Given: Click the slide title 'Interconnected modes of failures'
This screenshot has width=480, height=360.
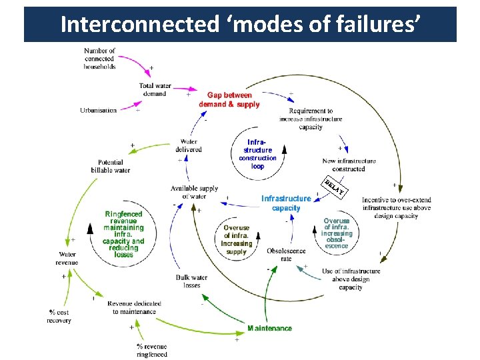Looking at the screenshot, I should (x=240, y=25).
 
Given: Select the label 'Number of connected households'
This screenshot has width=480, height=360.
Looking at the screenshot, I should (x=99, y=59).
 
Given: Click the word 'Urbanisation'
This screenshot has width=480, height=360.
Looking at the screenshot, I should (x=98, y=110).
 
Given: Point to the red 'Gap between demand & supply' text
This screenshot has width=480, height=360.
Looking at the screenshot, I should (x=229, y=100).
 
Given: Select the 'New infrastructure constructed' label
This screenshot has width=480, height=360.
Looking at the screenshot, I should (x=349, y=165).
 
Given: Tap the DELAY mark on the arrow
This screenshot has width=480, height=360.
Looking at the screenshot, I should (x=333, y=188).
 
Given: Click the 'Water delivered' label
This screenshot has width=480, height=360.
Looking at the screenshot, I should (x=189, y=145).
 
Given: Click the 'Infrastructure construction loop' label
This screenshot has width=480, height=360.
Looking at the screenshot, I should (x=257, y=154).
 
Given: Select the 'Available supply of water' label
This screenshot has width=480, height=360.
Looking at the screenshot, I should (x=193, y=192).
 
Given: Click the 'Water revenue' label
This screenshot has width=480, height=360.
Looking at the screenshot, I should (x=68, y=258).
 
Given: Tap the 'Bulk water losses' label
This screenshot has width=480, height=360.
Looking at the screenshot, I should (x=191, y=281).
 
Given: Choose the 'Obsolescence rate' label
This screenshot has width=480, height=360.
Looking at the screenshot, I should (x=286, y=255).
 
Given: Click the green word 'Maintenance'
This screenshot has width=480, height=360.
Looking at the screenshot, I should (x=269, y=328).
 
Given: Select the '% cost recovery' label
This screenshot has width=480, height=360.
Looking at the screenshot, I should (x=59, y=316).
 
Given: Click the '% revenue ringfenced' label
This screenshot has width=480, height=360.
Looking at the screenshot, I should (x=152, y=350).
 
